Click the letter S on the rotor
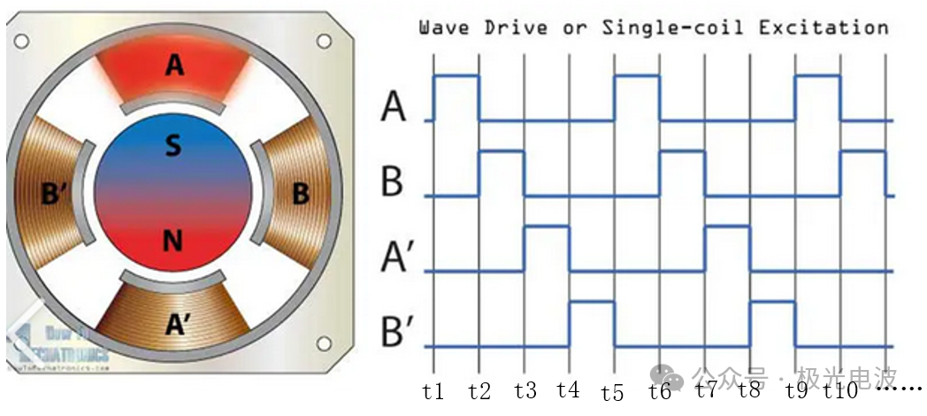[x=173, y=146]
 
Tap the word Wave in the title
[x=444, y=27]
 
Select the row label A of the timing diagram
[x=394, y=107]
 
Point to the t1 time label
[x=433, y=390]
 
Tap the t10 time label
[x=839, y=390]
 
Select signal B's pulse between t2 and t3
[x=502, y=151]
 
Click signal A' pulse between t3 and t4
[x=547, y=227]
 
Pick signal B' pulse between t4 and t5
[x=592, y=302]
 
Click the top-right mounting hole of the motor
[x=325, y=41]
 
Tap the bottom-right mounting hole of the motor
[x=325, y=343]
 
